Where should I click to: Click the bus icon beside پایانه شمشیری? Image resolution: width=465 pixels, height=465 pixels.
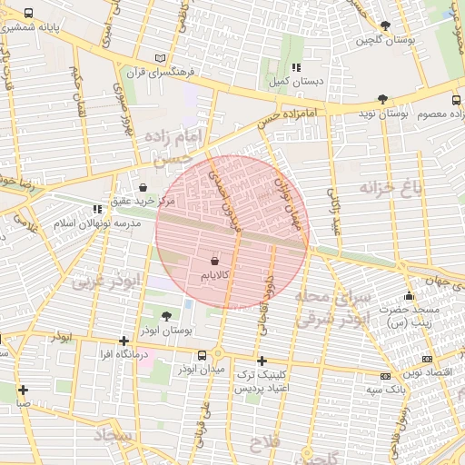pos(29,14)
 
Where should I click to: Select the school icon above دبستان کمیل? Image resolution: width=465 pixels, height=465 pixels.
pos(296,67)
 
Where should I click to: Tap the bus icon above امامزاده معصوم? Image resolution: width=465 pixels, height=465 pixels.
pos(456,100)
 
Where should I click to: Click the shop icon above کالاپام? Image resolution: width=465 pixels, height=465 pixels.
pos(214,260)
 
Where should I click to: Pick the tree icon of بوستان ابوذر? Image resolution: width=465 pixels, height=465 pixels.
pos(165,316)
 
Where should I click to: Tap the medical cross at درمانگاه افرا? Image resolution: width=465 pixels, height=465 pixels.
pos(124,341)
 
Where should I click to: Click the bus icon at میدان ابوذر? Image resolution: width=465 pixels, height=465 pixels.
pos(218,354)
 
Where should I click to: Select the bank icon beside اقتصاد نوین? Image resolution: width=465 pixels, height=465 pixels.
pos(385,375)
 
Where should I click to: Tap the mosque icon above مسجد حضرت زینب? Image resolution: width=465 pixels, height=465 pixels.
pos(410,295)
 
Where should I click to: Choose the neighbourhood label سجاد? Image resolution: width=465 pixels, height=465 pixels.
pos(113,437)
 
